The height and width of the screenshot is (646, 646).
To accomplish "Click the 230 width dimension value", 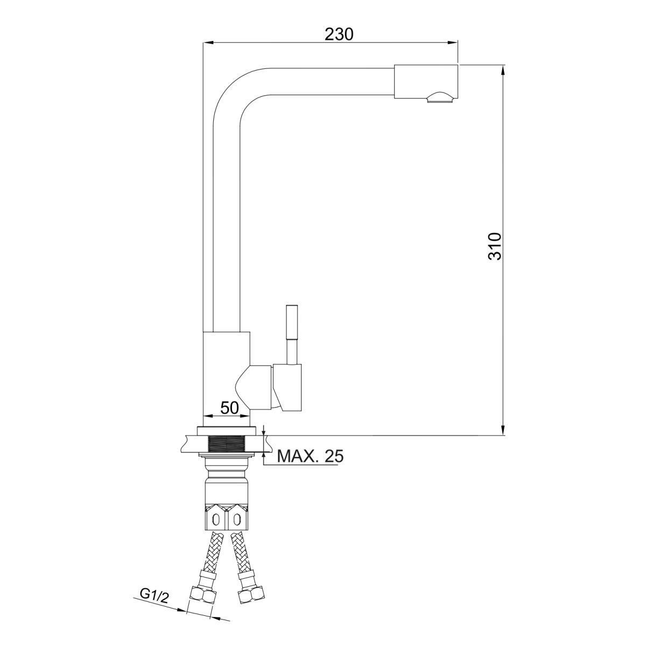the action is click(x=339, y=34).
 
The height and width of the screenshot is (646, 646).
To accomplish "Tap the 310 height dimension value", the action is click(x=495, y=246).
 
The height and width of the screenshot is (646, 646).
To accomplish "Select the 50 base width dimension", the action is click(x=230, y=408).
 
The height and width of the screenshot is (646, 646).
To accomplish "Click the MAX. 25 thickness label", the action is click(x=311, y=456).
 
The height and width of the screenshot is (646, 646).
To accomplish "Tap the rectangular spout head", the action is click(x=426, y=82).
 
